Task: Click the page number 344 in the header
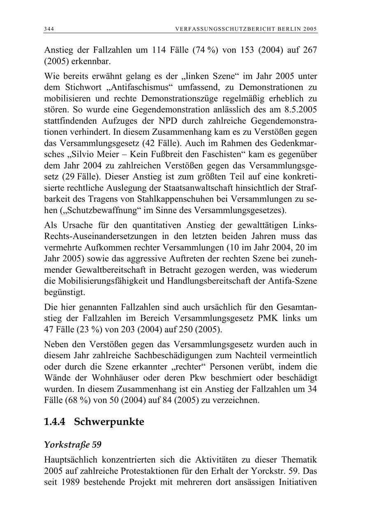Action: coord(49,29)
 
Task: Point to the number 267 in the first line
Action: coord(308,50)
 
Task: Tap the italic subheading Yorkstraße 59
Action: coord(72,445)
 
